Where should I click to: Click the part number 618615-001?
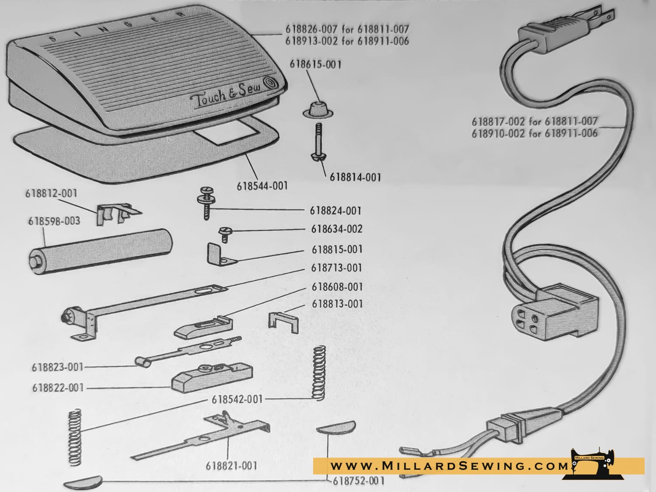tap(315, 65)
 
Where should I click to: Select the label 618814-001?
tap(356, 178)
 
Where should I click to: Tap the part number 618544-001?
tap(262, 186)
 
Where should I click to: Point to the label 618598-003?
tap(54, 221)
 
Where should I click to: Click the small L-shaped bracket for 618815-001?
tap(220, 254)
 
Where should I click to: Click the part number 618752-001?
tap(358, 481)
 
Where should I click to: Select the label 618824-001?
tap(335, 211)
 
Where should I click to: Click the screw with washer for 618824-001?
tap(206, 203)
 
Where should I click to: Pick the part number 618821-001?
tap(232, 466)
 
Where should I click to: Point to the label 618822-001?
tap(58, 388)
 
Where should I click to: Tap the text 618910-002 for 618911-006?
tap(534, 133)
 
